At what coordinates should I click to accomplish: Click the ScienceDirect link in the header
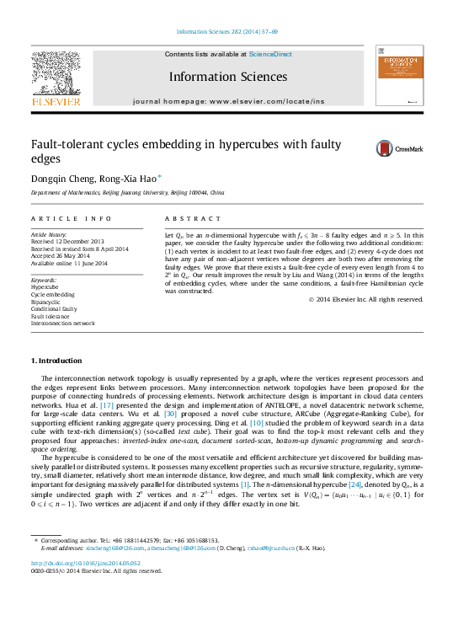pyautogui.click(x=270, y=54)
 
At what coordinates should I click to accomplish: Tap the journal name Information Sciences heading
pyautogui.click(x=228, y=77)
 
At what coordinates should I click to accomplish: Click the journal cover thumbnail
pyautogui.click(x=399, y=77)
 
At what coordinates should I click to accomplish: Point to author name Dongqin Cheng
pyautogui.click(x=61, y=179)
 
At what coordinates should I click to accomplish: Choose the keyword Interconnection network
pyautogui.click(x=63, y=323)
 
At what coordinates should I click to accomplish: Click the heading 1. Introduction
pyautogui.click(x=56, y=361)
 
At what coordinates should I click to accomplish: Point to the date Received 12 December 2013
pyautogui.click(x=67, y=242)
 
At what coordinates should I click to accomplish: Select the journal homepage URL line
pyautogui.click(x=228, y=101)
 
